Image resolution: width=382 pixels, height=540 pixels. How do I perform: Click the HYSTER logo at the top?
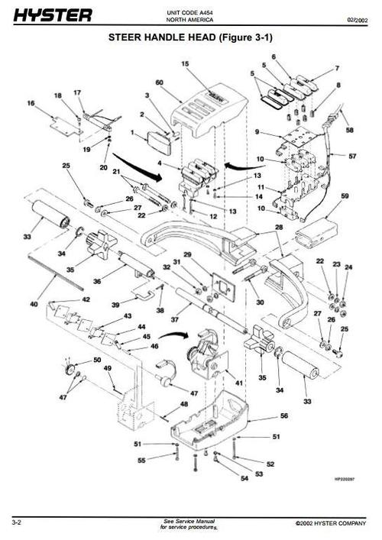(x=52, y=15)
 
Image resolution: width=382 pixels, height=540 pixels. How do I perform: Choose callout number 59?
(x=345, y=196)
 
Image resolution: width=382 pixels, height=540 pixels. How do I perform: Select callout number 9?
(x=259, y=131)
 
